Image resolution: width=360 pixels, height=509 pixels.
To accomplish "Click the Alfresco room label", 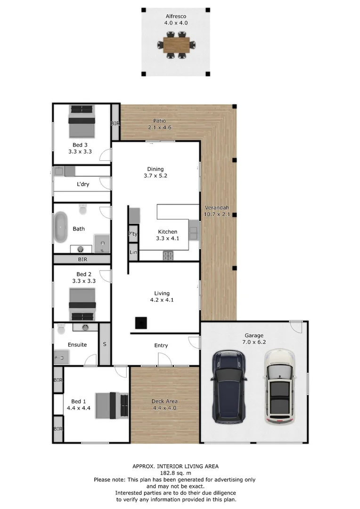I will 175,16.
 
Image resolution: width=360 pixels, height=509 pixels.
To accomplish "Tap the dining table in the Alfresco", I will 175,45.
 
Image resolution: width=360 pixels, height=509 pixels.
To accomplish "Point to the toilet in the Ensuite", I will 60,329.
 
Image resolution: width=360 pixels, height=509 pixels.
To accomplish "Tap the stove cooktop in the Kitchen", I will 168,255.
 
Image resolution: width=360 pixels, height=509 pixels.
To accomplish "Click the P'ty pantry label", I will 133,234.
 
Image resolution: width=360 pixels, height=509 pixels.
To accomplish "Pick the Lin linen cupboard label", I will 133,253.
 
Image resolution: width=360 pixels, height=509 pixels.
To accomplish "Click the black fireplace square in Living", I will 140,322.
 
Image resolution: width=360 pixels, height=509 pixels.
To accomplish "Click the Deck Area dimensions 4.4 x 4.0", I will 164,408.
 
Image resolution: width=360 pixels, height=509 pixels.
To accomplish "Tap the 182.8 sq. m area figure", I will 175,473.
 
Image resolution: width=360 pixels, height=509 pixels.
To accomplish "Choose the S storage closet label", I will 105,344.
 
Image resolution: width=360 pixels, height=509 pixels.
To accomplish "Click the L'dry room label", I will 82,184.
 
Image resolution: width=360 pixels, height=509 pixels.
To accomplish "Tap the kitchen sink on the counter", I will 194,230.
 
